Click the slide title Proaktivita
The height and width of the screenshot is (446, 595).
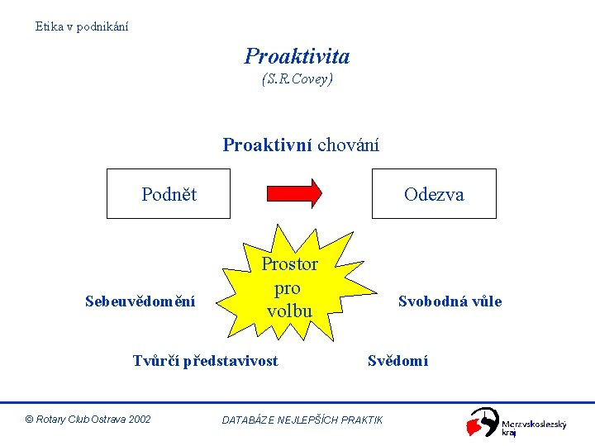(x=297, y=56)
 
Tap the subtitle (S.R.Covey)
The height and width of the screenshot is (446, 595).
(x=297, y=80)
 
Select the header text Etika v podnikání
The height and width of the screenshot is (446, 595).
(x=82, y=26)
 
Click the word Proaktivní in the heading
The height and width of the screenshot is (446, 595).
(x=267, y=145)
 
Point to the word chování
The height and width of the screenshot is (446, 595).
(x=348, y=145)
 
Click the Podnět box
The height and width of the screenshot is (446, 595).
(x=169, y=194)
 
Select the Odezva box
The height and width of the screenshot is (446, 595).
(x=434, y=194)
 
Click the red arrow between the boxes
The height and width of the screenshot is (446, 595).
(x=293, y=193)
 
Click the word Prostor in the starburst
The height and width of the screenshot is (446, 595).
(x=289, y=264)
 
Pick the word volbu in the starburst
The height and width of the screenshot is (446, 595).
(x=289, y=311)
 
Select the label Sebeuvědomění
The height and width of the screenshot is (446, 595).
(x=140, y=301)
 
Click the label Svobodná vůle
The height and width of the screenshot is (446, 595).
(x=450, y=301)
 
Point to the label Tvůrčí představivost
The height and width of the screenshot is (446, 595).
(x=206, y=360)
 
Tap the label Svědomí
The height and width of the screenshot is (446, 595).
(x=397, y=360)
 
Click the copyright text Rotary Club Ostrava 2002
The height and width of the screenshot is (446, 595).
(x=88, y=420)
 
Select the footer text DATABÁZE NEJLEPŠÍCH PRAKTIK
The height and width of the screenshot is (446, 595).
(x=302, y=420)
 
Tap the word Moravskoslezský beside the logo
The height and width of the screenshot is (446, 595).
(x=534, y=424)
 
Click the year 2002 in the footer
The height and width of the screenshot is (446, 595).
(x=140, y=420)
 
